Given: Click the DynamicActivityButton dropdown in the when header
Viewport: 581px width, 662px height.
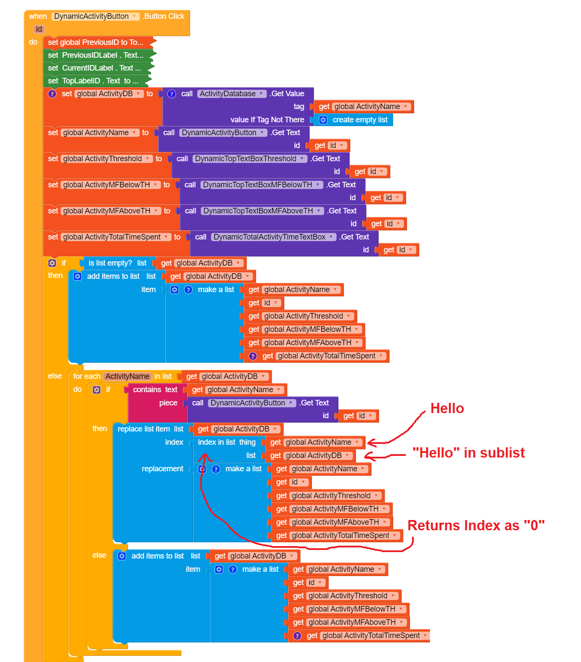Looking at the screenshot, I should [95, 16].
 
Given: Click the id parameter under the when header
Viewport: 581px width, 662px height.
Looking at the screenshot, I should [39, 29].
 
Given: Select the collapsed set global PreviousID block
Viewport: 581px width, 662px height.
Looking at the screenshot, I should [95, 42].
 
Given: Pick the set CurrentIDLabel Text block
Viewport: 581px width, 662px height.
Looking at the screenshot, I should [94, 68].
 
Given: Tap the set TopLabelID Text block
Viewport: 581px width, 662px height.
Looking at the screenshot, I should [93, 81].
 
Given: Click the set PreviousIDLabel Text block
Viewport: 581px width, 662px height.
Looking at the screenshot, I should [95, 55].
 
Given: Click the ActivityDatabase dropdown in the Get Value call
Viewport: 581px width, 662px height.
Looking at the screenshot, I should [231, 94].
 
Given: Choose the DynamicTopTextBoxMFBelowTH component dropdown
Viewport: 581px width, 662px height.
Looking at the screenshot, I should [261, 185].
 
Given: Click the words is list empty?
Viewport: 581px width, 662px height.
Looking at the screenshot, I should [110, 263].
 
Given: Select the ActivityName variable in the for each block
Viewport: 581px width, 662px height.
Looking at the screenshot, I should [127, 376].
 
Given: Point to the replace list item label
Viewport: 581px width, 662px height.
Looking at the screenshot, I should [143, 429].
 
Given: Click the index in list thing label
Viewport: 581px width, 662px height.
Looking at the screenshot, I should [226, 442].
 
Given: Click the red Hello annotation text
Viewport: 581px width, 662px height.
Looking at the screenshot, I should [447, 408].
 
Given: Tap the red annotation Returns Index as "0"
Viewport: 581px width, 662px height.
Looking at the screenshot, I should [476, 525].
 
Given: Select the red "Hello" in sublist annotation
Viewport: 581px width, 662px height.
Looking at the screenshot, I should [468, 452].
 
